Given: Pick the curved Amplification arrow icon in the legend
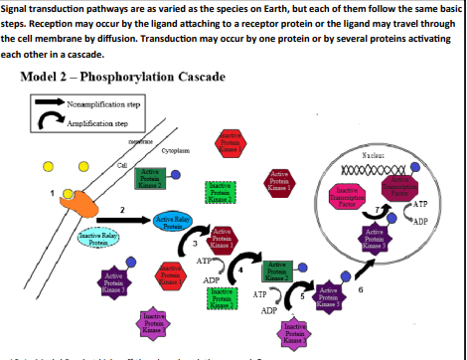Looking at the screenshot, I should pyautogui.click(x=45, y=121).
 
